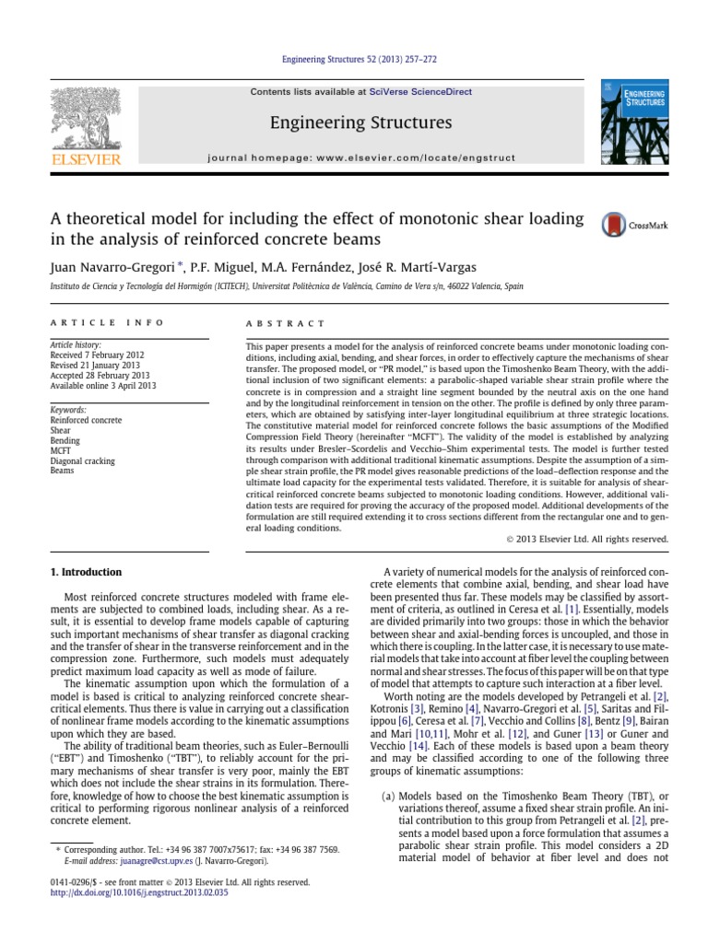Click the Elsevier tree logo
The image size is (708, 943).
pos(87,126)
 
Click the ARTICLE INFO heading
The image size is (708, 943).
pos(106,323)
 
